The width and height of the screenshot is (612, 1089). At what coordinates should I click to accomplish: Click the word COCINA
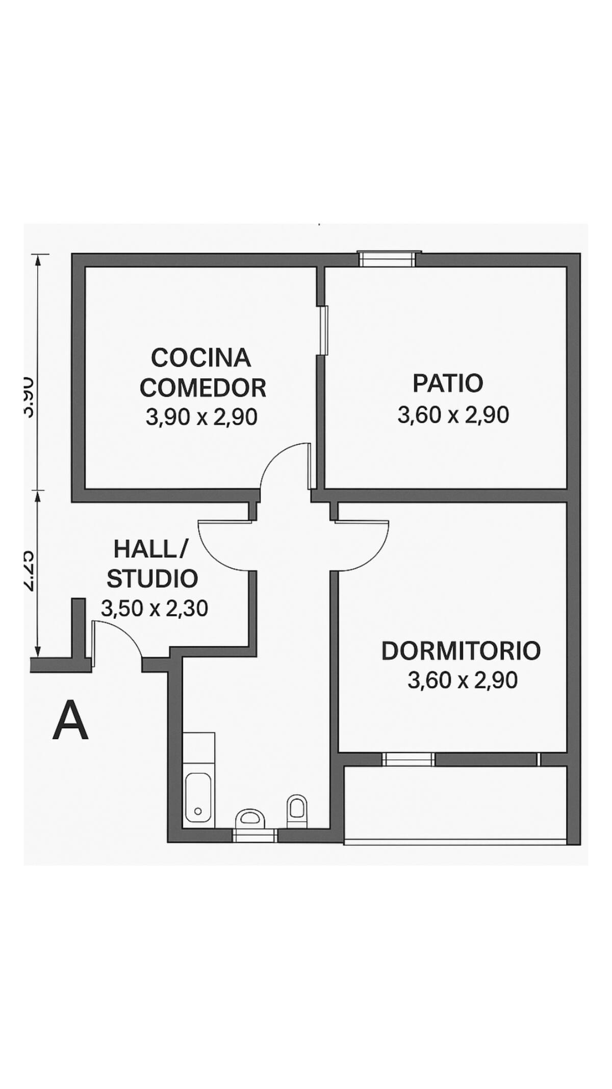201,357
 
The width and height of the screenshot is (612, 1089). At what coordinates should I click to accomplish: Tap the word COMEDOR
203,388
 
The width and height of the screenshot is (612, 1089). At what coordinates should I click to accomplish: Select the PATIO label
447,384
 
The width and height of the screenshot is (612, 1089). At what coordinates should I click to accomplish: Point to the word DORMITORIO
461,651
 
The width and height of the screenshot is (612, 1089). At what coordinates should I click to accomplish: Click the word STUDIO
152,579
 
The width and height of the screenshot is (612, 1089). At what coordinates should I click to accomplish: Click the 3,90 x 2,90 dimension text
201,418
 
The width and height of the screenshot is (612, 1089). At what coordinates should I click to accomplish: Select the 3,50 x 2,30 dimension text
155,609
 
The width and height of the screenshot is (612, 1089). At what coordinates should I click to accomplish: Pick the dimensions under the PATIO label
453,415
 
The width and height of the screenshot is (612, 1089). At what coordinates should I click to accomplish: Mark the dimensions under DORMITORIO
463,681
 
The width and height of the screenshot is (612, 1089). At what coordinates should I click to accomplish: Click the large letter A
70,721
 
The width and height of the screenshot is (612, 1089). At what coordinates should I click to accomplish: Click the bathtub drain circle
198,811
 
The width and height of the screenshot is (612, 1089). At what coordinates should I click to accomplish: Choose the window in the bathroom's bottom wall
254,836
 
